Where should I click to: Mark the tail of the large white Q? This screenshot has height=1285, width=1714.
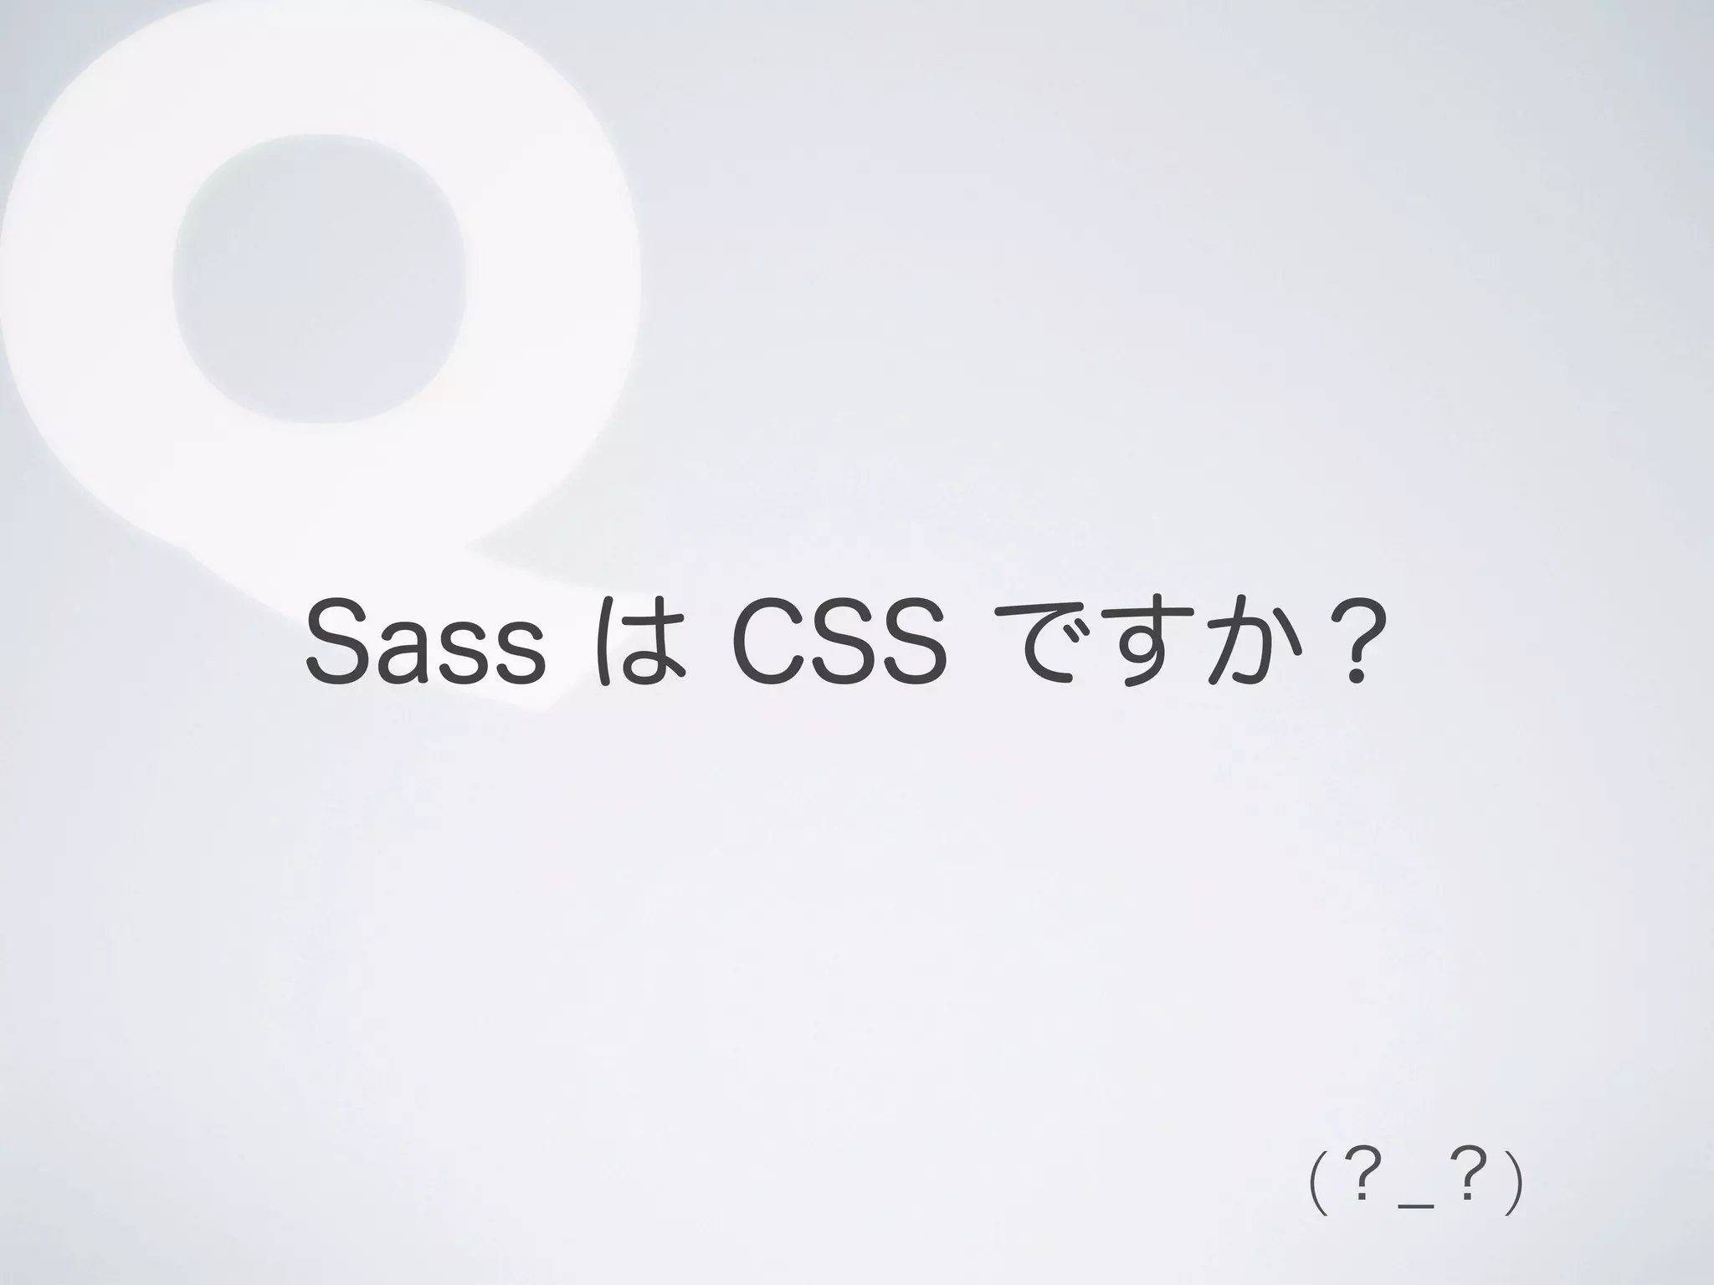(x=519, y=619)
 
